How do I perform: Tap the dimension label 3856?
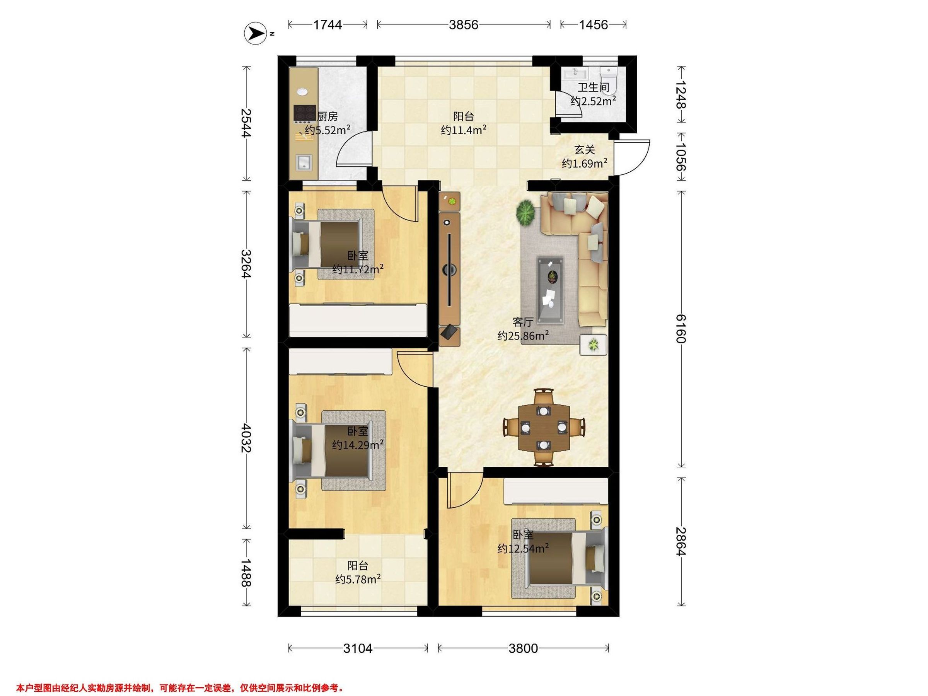coord(463,25)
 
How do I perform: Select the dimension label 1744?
coord(328,25)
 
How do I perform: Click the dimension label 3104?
coord(358,648)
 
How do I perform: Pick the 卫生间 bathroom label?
coord(593,88)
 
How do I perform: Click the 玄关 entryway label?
coord(584,150)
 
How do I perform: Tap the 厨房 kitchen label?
coord(328,116)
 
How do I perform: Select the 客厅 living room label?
coord(523,322)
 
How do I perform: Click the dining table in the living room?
coord(544,428)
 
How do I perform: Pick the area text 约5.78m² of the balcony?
coord(358,579)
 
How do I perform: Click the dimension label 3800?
coord(523,648)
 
